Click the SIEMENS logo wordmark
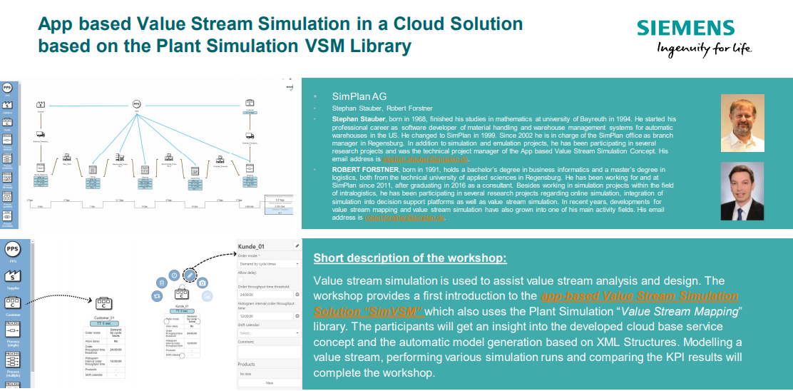(685, 28)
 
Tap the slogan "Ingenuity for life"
(704, 49)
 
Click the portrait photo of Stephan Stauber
(741, 118)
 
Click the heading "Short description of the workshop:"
(410, 258)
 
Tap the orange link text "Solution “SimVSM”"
(368, 311)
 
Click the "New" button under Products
(269, 383)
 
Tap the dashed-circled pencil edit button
(190, 275)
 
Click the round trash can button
(163, 283)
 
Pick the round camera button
(203, 283)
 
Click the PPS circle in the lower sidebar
(12, 249)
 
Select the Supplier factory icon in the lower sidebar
(12, 276)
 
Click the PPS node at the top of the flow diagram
(136, 104)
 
